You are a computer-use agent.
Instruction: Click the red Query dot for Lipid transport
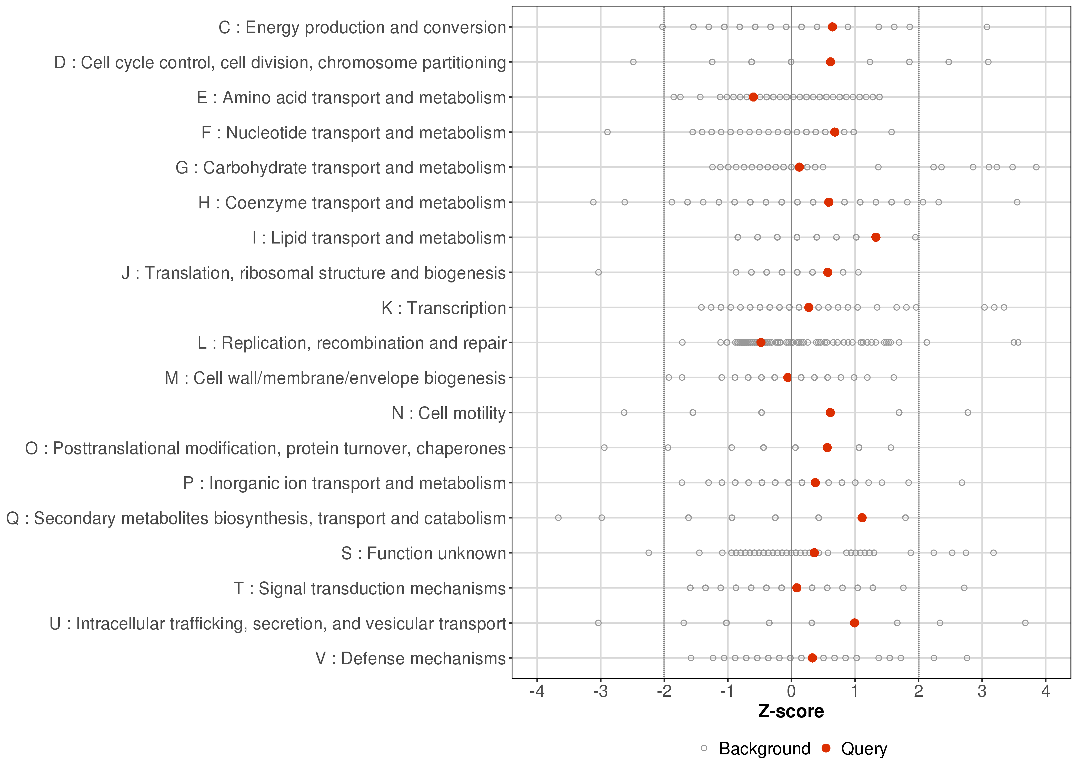[876, 237]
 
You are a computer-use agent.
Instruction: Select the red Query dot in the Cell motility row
[830, 412]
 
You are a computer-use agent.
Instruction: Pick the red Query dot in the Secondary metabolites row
[862, 518]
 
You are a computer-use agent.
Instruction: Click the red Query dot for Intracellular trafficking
[854, 623]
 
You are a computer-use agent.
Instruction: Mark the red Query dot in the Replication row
[761, 342]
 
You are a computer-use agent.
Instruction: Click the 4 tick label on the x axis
[1046, 692]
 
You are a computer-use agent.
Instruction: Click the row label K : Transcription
[444, 308]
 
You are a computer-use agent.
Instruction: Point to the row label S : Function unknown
[423, 553]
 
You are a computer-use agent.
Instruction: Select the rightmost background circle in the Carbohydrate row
[1036, 167]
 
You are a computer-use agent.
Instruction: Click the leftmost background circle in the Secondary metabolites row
[559, 518]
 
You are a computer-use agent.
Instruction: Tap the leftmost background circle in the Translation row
[598, 272]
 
